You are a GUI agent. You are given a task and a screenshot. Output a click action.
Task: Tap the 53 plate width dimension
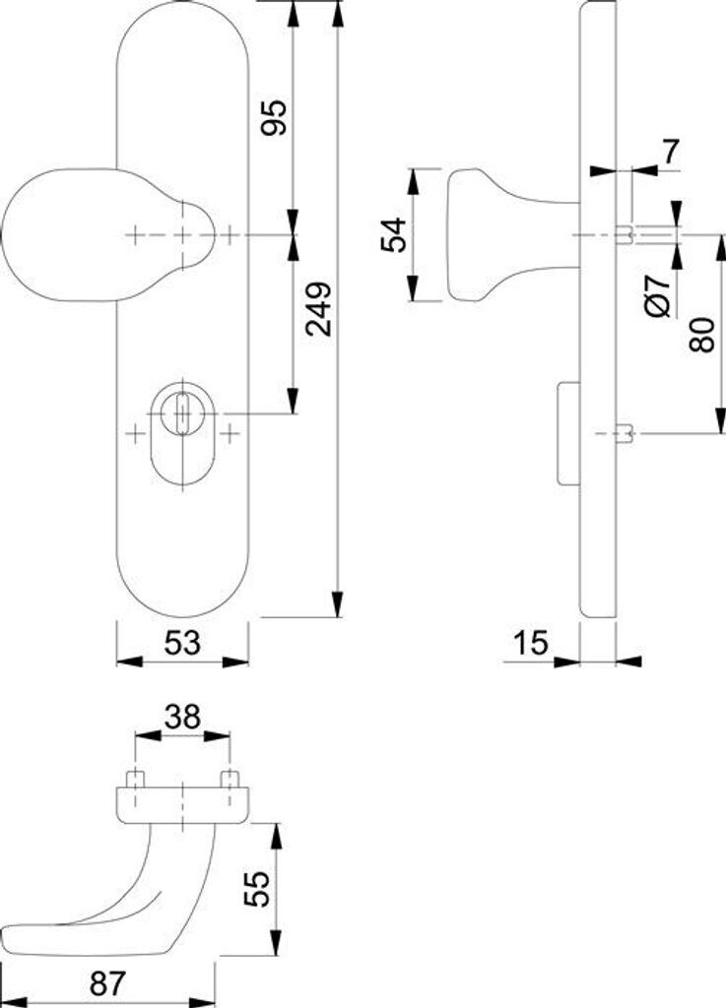coord(182,643)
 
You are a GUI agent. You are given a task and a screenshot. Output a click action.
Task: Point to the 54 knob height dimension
coord(394,234)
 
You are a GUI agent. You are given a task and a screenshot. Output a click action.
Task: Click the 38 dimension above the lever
coord(182,718)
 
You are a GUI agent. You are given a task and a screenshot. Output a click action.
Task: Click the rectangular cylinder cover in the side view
coord(567,434)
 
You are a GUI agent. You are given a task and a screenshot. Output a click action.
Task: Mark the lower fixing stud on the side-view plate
coord(624,433)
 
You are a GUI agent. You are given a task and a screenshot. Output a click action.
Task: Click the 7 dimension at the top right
coord(671,151)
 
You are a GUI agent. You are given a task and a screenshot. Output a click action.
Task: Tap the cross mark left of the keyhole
coord(136,432)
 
